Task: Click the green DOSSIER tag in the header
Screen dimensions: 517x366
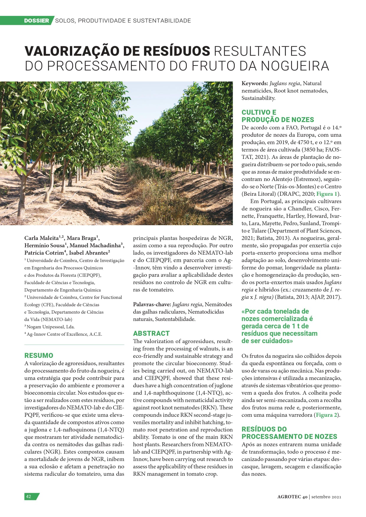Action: [37, 21]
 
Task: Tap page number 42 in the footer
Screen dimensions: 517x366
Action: [29, 496]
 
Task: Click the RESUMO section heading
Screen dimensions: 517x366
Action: [39, 355]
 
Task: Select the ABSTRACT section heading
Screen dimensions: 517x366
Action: [151, 333]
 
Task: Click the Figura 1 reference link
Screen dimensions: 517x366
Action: [327, 194]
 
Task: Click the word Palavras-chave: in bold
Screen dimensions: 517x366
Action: [152, 304]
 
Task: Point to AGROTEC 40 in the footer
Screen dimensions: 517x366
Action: [292, 497]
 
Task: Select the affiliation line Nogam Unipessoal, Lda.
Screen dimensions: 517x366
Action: [50, 327]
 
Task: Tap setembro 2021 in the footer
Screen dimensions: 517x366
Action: [326, 497]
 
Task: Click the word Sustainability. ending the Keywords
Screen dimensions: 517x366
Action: [258, 98]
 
